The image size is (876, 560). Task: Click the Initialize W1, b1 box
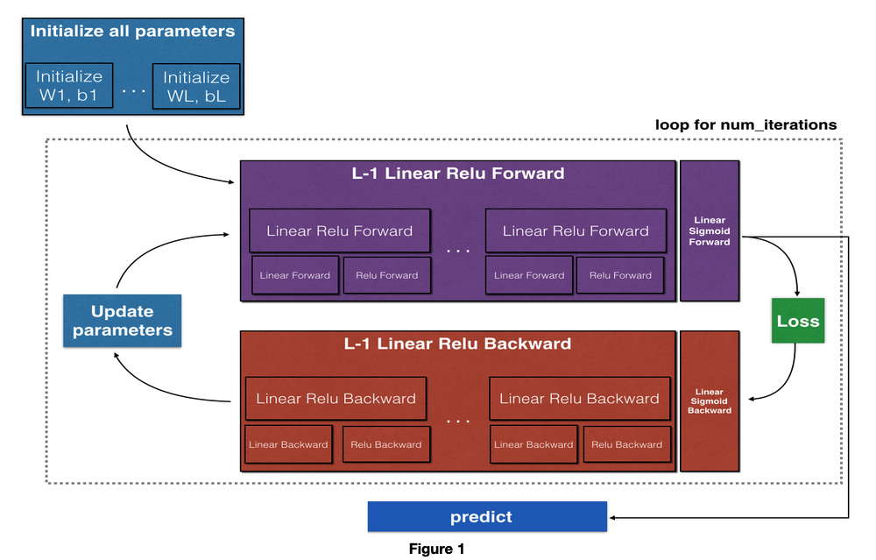coord(69,86)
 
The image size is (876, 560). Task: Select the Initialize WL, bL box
coord(196,86)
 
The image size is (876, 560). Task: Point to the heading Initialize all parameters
coord(132,31)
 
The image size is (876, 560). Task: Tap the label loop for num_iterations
coord(745,124)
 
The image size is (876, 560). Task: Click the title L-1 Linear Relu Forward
coord(458,174)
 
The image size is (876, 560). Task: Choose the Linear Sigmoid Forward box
coord(710,230)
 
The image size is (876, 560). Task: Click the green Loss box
coord(798,321)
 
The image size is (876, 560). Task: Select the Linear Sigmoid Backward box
coord(710,401)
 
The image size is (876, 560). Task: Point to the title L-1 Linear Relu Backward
coord(457,344)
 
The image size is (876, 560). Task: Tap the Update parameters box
coord(123,321)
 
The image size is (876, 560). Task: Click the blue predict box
coord(487,517)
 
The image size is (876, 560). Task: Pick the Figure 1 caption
coord(436,549)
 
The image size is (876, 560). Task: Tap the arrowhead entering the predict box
coord(612,518)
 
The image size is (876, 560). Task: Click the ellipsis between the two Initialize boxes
coord(133,89)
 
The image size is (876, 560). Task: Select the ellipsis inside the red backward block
coord(458,421)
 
